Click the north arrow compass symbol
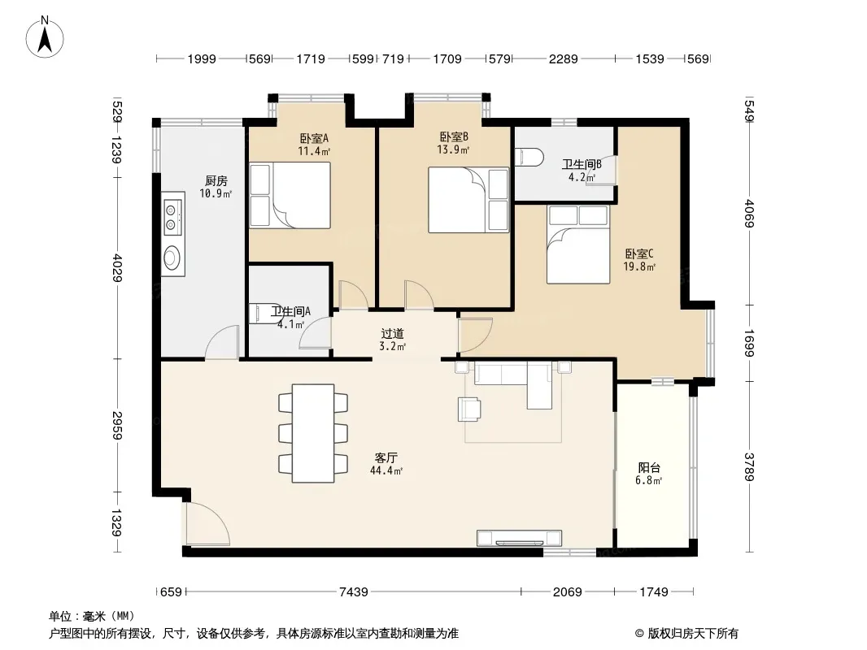pos(45,37)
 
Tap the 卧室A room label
pos(314,138)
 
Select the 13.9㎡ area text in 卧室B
pos(453,149)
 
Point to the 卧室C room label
pos(639,254)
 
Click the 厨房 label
pos(216,181)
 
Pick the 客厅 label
pos(386,457)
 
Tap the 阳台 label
pos(648,468)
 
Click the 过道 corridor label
pos(393,334)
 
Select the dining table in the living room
pos(313,434)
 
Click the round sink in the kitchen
pos(172,258)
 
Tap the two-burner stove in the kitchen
pos(172,217)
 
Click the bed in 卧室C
pos(578,244)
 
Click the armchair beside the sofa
pos(469,409)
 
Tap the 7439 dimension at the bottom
pos(354,592)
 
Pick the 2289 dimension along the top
pos(564,58)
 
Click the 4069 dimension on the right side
pos(750,213)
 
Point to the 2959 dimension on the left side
pos(116,425)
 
